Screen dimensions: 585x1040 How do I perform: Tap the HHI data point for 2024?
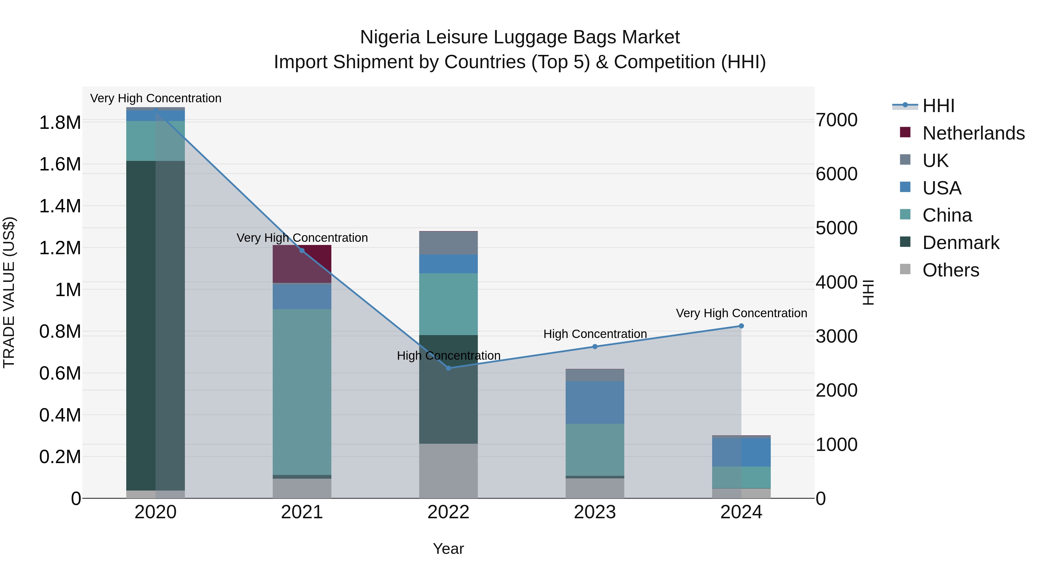point(741,326)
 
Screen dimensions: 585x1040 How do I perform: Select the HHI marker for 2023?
point(595,346)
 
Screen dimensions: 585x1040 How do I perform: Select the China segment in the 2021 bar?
point(302,392)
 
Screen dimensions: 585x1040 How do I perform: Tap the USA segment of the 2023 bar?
point(595,402)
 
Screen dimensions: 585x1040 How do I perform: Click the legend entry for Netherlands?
point(973,133)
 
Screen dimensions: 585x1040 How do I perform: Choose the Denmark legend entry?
point(961,243)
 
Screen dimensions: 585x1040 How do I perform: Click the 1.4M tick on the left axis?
point(60,206)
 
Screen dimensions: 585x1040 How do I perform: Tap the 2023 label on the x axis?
point(595,512)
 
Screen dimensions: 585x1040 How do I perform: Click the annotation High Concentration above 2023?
point(595,334)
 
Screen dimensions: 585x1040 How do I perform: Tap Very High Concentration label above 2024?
point(741,313)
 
